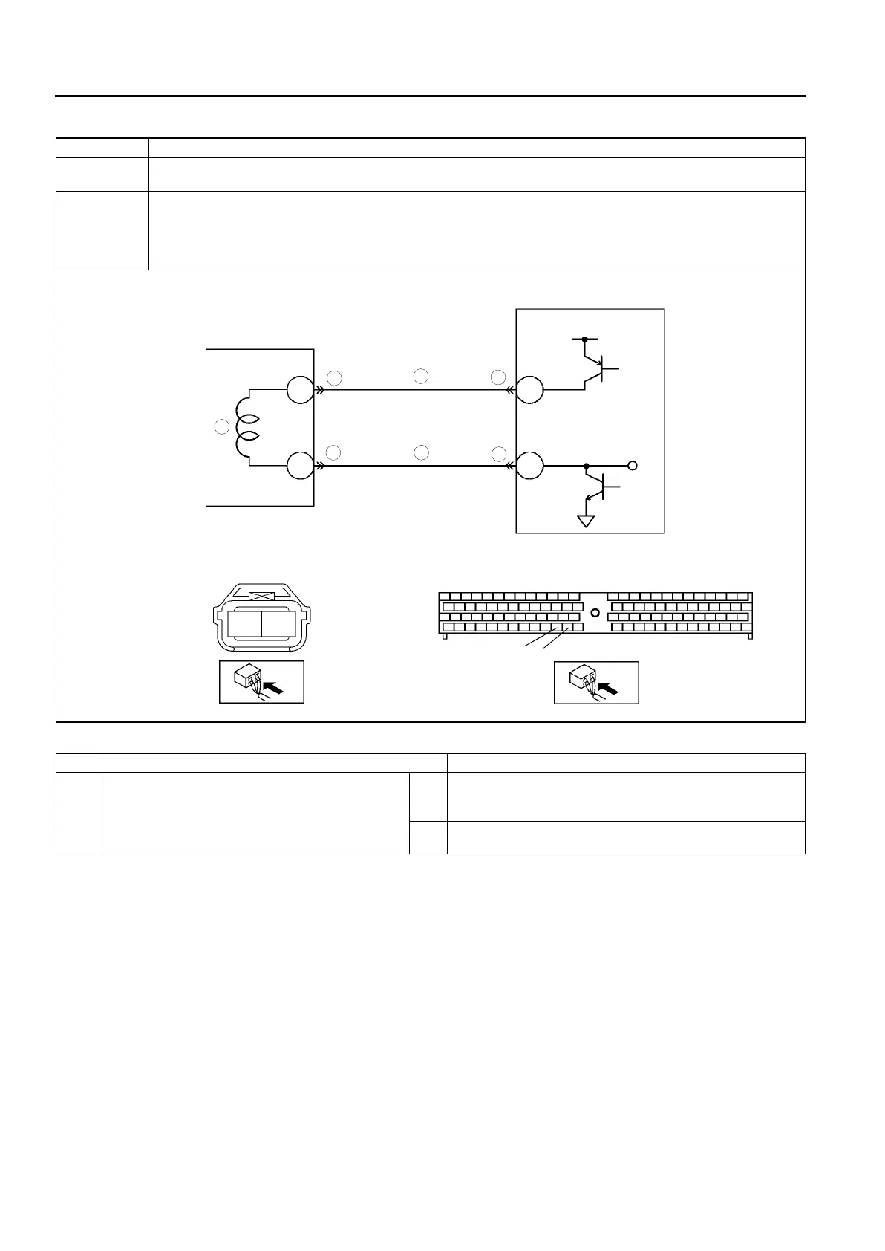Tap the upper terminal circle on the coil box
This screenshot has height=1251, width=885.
(300, 389)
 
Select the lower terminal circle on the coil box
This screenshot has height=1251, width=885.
(300, 467)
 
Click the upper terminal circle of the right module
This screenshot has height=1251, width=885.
(530, 389)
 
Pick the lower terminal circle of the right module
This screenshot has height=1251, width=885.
(530, 467)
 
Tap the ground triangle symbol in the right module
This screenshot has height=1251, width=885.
(587, 521)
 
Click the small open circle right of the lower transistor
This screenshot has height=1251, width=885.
(633, 467)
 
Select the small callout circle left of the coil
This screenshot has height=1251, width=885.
(221, 427)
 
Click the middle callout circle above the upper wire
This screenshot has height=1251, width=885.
(421, 376)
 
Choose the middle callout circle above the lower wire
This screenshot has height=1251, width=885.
(421, 452)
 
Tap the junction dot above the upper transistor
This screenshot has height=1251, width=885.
(585, 339)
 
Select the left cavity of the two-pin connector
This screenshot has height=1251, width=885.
(244, 624)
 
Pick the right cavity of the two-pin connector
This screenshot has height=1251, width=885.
(279, 624)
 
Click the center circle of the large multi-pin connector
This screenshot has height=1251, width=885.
(594, 614)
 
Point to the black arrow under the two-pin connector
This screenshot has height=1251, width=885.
(273, 688)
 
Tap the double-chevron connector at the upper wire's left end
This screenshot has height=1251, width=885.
(320, 389)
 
